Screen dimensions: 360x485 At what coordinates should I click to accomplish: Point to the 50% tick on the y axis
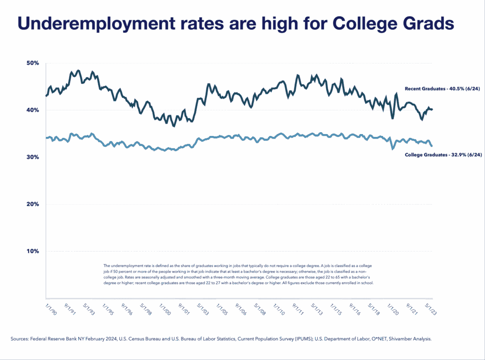(33, 63)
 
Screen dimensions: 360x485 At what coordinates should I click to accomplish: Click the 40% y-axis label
(33, 110)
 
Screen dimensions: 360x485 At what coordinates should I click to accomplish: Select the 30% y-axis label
(33, 157)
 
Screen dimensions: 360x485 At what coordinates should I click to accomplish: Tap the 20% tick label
(33, 204)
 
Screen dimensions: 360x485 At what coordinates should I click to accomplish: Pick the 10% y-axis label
(33, 251)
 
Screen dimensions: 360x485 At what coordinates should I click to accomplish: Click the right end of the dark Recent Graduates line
(432, 109)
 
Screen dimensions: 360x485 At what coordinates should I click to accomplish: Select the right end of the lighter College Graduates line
(431, 145)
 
